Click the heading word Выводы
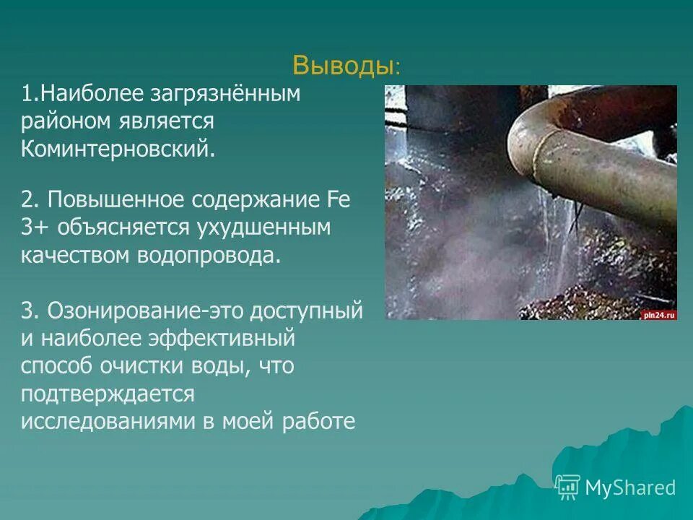(343, 66)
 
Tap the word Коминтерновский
(118, 149)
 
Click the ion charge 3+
(34, 228)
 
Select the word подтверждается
(108, 394)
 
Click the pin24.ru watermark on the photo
(657, 314)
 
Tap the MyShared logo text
(630, 488)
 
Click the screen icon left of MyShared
(568, 487)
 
